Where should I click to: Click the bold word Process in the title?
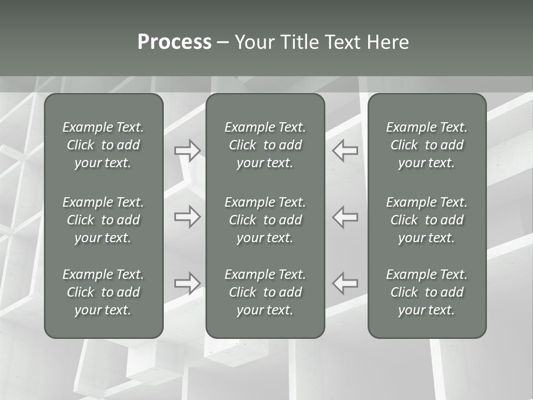coord(174,42)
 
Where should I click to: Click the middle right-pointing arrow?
coord(188,217)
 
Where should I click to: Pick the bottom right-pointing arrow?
coord(188,283)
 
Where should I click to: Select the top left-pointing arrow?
coord(345,151)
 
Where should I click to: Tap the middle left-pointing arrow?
coord(345,217)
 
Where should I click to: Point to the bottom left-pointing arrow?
coord(345,283)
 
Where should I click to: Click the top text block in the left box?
coord(103,145)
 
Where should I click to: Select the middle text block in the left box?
coord(103,220)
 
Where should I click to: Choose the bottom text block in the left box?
coord(103,292)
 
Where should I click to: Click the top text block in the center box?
coord(265,145)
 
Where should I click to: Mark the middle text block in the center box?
coord(265,220)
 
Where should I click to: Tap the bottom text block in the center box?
coord(265,292)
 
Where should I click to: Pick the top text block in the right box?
coord(427,145)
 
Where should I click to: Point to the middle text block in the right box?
coord(427,220)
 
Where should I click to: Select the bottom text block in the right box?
coord(427,292)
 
